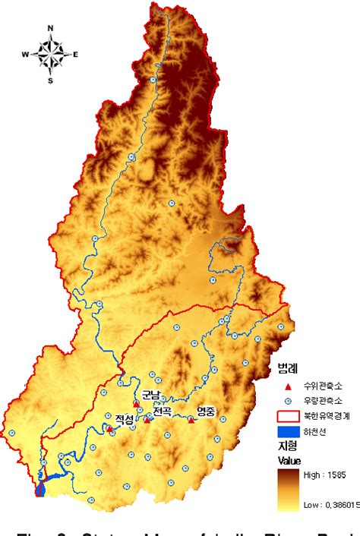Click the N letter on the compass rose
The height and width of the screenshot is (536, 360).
pos(50,28)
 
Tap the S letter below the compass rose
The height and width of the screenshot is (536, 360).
pos(50,80)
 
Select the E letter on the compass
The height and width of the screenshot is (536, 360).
pos(76,54)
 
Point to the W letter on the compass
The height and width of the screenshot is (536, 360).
pos(24,54)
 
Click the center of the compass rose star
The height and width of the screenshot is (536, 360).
pos(50,54)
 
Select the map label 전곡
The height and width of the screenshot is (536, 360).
pos(162,411)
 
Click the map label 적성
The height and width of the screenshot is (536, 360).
pos(124,419)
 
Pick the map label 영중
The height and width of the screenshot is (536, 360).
pos(206,411)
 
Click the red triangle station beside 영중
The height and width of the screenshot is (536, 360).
pos(191,419)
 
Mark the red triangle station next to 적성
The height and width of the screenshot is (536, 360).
pos(110,429)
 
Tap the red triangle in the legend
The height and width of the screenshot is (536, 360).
pos(287,385)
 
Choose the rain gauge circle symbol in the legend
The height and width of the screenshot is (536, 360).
pos(287,400)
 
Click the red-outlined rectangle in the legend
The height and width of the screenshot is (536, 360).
pos(287,415)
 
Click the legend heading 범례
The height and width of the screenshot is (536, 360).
pos(288,369)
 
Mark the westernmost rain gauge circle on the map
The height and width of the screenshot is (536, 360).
pos(12,434)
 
